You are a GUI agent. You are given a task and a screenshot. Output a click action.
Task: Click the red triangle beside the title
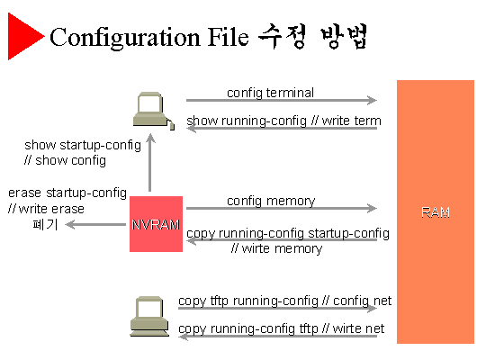pos(23,36)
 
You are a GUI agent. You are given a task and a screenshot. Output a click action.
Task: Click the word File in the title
pos(228,37)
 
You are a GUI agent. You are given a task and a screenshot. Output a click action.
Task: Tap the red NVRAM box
pos(156,224)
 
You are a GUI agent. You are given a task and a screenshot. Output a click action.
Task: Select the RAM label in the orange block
pos(436,212)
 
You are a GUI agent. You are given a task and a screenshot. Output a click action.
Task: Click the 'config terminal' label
pos(270,93)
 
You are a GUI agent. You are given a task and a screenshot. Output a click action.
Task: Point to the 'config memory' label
pos(271,201)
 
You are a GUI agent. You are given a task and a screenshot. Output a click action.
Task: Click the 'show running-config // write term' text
pos(283,121)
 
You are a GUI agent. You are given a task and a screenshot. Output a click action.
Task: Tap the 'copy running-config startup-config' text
pos(288,233)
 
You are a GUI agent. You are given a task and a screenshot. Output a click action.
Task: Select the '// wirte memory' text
pos(276,248)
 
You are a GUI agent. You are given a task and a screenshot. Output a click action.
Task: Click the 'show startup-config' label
pos(83,145)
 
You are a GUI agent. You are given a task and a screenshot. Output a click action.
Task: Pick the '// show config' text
pos(65,160)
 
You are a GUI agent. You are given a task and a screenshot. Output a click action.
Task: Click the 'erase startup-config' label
pos(67,193)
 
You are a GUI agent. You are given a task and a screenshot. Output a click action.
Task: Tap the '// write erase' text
pos(46,209)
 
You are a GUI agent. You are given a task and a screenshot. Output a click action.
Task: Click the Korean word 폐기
pos(45,224)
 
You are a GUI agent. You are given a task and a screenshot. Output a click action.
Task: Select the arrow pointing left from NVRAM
pos(95,224)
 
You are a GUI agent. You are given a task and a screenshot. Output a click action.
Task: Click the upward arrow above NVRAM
pos(150,163)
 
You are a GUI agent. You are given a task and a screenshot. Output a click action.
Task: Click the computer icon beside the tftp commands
pos(149,316)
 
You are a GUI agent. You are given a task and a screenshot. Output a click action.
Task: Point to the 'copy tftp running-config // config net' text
pos(284,301)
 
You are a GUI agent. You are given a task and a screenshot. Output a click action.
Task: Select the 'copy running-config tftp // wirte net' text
pos(281,328)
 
